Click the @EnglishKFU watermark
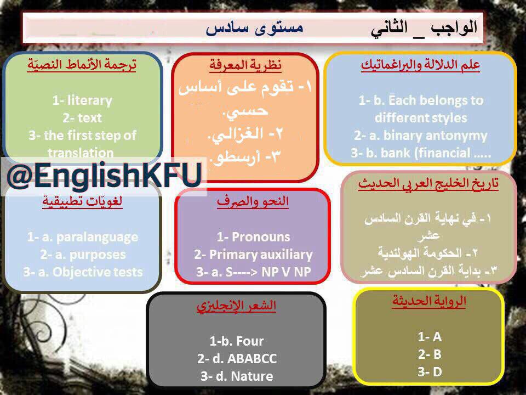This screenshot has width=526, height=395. coord(104,176)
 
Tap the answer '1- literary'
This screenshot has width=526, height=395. coord(82,100)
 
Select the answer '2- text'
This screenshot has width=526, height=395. coord(82,118)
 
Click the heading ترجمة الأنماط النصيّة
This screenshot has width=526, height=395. coord(82,64)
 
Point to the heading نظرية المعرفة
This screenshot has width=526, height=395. coord(245,65)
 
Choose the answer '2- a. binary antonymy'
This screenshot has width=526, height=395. coord(421,136)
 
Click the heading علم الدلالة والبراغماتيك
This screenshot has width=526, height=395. coord(420,65)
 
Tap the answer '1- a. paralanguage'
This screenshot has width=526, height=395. coord(83,237)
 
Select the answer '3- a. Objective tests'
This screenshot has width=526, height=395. coord(83,272)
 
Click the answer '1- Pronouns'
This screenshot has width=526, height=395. coord(253,237)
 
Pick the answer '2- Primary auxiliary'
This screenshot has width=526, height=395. coord(253,255)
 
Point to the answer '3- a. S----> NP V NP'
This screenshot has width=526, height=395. coord(253,272)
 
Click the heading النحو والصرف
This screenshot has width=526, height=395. coord(253,201)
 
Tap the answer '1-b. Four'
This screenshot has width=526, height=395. coord(237,341)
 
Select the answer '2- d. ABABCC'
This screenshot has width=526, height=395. coord(237,359)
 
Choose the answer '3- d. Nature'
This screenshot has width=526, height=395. coord(237,376)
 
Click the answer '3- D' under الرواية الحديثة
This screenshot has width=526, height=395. coord(430,372)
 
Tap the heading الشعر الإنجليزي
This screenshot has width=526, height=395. coord(236,306)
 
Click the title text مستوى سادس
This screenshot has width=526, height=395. coord(254,27)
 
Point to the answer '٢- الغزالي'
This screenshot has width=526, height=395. coord(245,134)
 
